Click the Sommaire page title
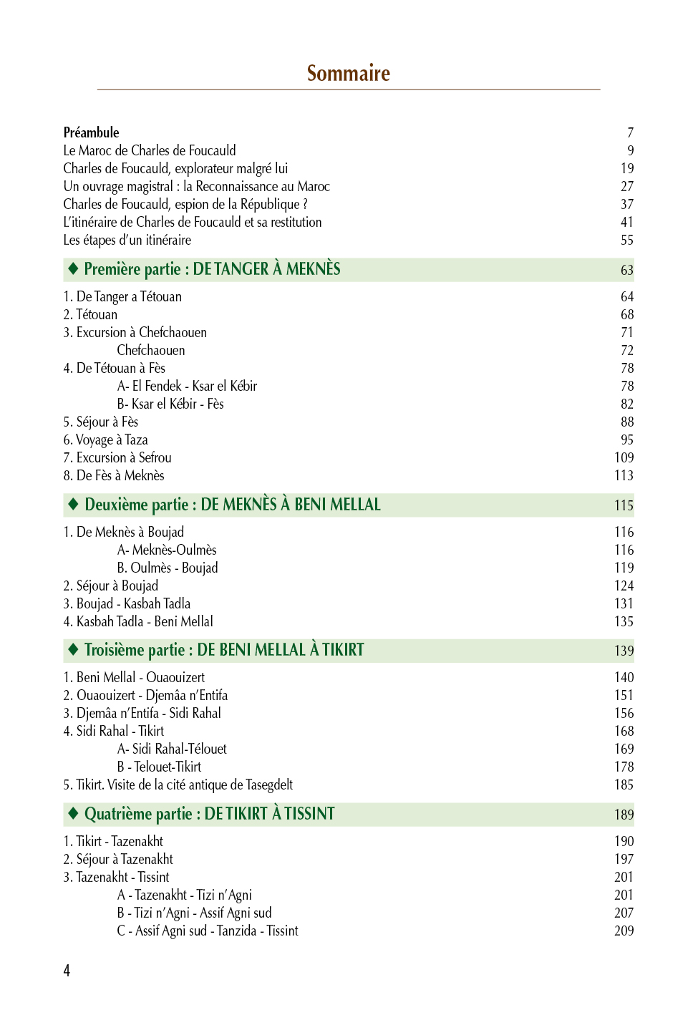click(x=349, y=73)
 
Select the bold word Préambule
click(x=91, y=132)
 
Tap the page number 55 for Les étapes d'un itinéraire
click(x=626, y=240)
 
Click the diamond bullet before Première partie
click(x=73, y=268)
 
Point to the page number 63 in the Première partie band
click(x=626, y=270)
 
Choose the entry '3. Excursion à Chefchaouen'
click(x=135, y=332)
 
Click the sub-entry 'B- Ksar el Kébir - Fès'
click(x=170, y=404)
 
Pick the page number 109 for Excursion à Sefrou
click(x=624, y=457)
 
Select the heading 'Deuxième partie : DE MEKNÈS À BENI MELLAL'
click(x=233, y=505)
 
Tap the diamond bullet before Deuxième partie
click(x=73, y=504)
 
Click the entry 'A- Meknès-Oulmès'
click(x=167, y=550)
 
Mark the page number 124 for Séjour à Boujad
click(x=624, y=586)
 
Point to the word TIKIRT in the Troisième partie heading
click(x=343, y=650)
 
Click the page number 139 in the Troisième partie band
click(x=624, y=651)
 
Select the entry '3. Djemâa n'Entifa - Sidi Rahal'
click(x=142, y=713)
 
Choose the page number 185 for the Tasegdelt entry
click(x=624, y=785)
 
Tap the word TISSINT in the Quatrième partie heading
click(x=309, y=814)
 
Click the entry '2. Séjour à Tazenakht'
click(x=118, y=859)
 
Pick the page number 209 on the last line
click(x=624, y=931)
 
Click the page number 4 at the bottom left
click(x=67, y=971)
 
